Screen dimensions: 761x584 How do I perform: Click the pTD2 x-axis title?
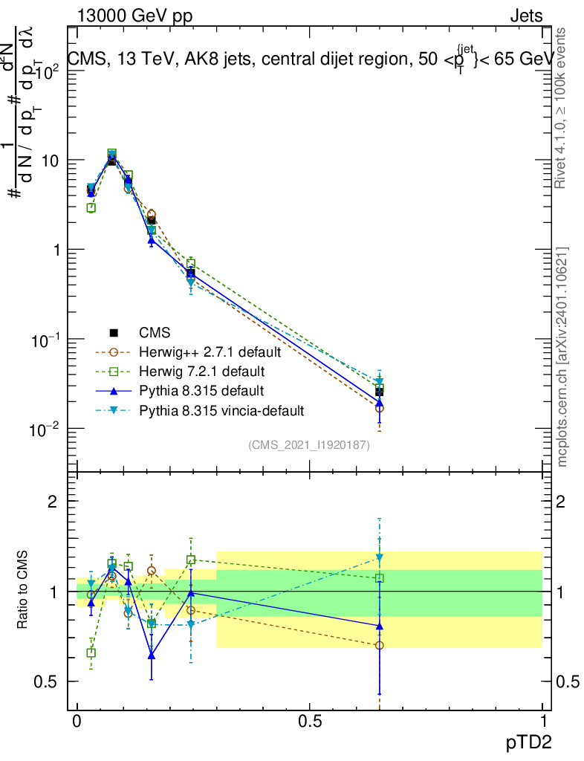[x=529, y=742]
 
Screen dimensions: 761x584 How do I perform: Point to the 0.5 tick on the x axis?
[x=309, y=721]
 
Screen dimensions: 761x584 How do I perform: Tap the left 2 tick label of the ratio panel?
[x=53, y=502]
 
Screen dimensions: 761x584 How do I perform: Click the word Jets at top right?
[x=526, y=16]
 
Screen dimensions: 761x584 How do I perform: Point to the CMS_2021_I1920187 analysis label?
[x=309, y=445]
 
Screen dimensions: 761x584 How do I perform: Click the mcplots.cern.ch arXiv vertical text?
[x=562, y=357]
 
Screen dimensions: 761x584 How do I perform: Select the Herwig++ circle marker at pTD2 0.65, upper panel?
[x=380, y=408]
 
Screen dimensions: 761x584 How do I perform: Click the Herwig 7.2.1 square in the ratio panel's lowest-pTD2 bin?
[x=91, y=652]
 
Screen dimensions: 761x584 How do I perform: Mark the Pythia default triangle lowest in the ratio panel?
[x=152, y=655]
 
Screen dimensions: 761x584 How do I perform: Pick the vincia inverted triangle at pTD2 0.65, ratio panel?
[x=380, y=557]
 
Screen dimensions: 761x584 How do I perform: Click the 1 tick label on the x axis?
[x=542, y=721]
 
